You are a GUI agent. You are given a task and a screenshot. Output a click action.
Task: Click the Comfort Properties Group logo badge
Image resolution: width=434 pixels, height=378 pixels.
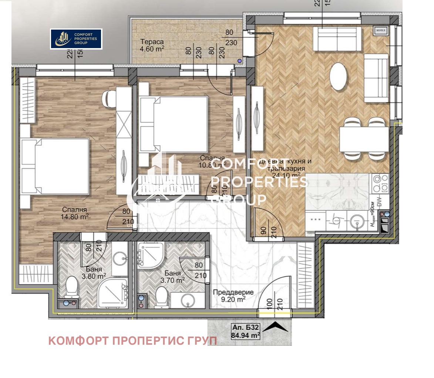click(x=76, y=39)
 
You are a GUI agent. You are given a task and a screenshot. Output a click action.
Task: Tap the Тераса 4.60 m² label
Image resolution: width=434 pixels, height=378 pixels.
click(x=152, y=45)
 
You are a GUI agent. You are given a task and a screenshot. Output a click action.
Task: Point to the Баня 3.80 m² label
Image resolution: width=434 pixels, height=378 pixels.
click(x=94, y=273)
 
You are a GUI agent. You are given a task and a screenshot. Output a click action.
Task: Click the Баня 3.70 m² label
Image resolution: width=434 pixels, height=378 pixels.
click(x=173, y=277)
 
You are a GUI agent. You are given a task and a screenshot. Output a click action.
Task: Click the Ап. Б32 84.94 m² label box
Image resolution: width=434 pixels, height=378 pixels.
click(x=245, y=331)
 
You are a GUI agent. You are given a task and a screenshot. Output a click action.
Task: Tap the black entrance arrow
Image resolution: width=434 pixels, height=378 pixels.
click(x=275, y=327)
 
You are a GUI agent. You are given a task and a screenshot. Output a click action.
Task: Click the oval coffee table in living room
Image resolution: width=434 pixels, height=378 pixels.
click(x=339, y=77)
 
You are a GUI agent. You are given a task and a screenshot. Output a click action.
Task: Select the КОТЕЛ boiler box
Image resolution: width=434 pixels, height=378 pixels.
click(x=381, y=30)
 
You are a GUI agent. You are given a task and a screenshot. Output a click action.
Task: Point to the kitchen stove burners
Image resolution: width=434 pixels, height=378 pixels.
click(x=381, y=183)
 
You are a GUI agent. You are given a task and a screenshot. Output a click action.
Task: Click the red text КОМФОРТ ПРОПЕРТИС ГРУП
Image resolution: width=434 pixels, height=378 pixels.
click(x=132, y=341)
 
